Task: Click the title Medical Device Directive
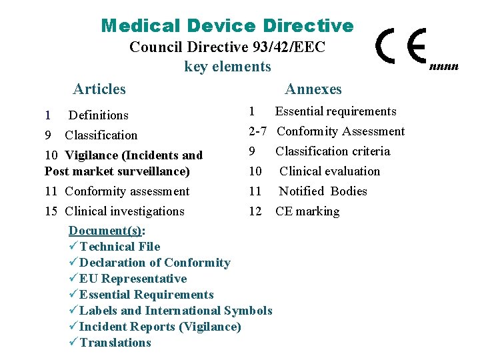point(227,26)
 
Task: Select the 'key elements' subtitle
point(227,66)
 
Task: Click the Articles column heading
point(99,89)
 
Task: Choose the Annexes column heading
point(313,89)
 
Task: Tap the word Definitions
point(99,115)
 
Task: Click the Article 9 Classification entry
point(91,135)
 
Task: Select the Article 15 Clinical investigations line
point(115,211)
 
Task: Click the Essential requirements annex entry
point(335,111)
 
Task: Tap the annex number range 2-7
point(258,131)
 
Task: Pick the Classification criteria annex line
point(333,151)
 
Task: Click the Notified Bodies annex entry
point(323,191)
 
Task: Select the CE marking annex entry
point(307,211)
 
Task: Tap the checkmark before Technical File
point(73,247)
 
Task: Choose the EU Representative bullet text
point(133,279)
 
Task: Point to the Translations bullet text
point(115,343)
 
